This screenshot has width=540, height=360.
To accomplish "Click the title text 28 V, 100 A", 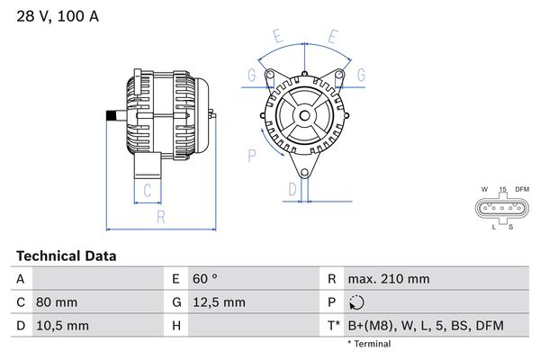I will (56, 15).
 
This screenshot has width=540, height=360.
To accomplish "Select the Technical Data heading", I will (67, 256).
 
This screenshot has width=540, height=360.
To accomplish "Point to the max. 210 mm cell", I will (389, 279).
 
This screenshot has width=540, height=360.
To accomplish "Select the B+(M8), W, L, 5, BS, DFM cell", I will (425, 325).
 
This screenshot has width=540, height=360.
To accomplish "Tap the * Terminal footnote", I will (369, 344).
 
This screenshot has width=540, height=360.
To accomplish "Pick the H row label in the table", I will (176, 325).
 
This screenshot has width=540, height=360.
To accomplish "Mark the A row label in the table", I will (20, 279).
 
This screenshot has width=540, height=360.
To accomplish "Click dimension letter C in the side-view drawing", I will (147, 190).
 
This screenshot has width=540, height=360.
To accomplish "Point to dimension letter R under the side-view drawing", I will (160, 216).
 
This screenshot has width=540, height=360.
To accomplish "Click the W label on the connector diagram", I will (484, 189).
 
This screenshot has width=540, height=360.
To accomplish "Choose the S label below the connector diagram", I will (510, 228).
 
